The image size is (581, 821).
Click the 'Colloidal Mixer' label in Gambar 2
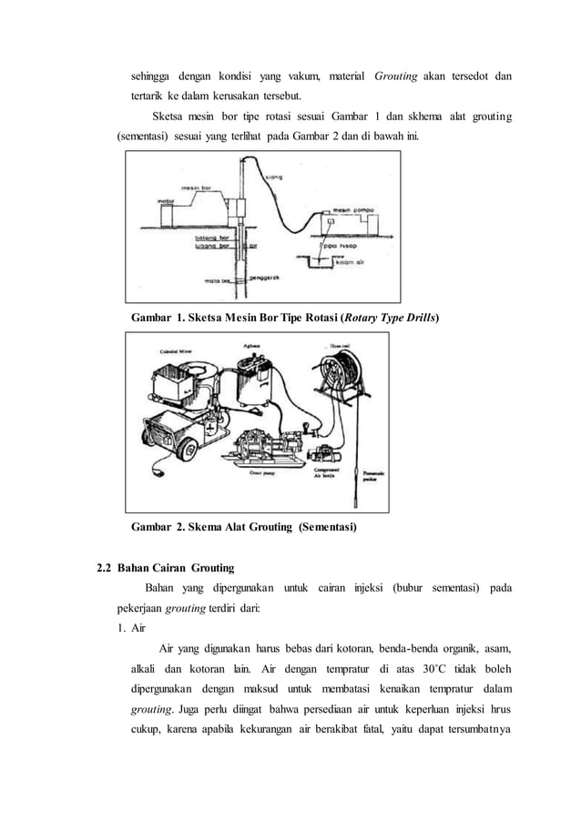coord(171,348)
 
